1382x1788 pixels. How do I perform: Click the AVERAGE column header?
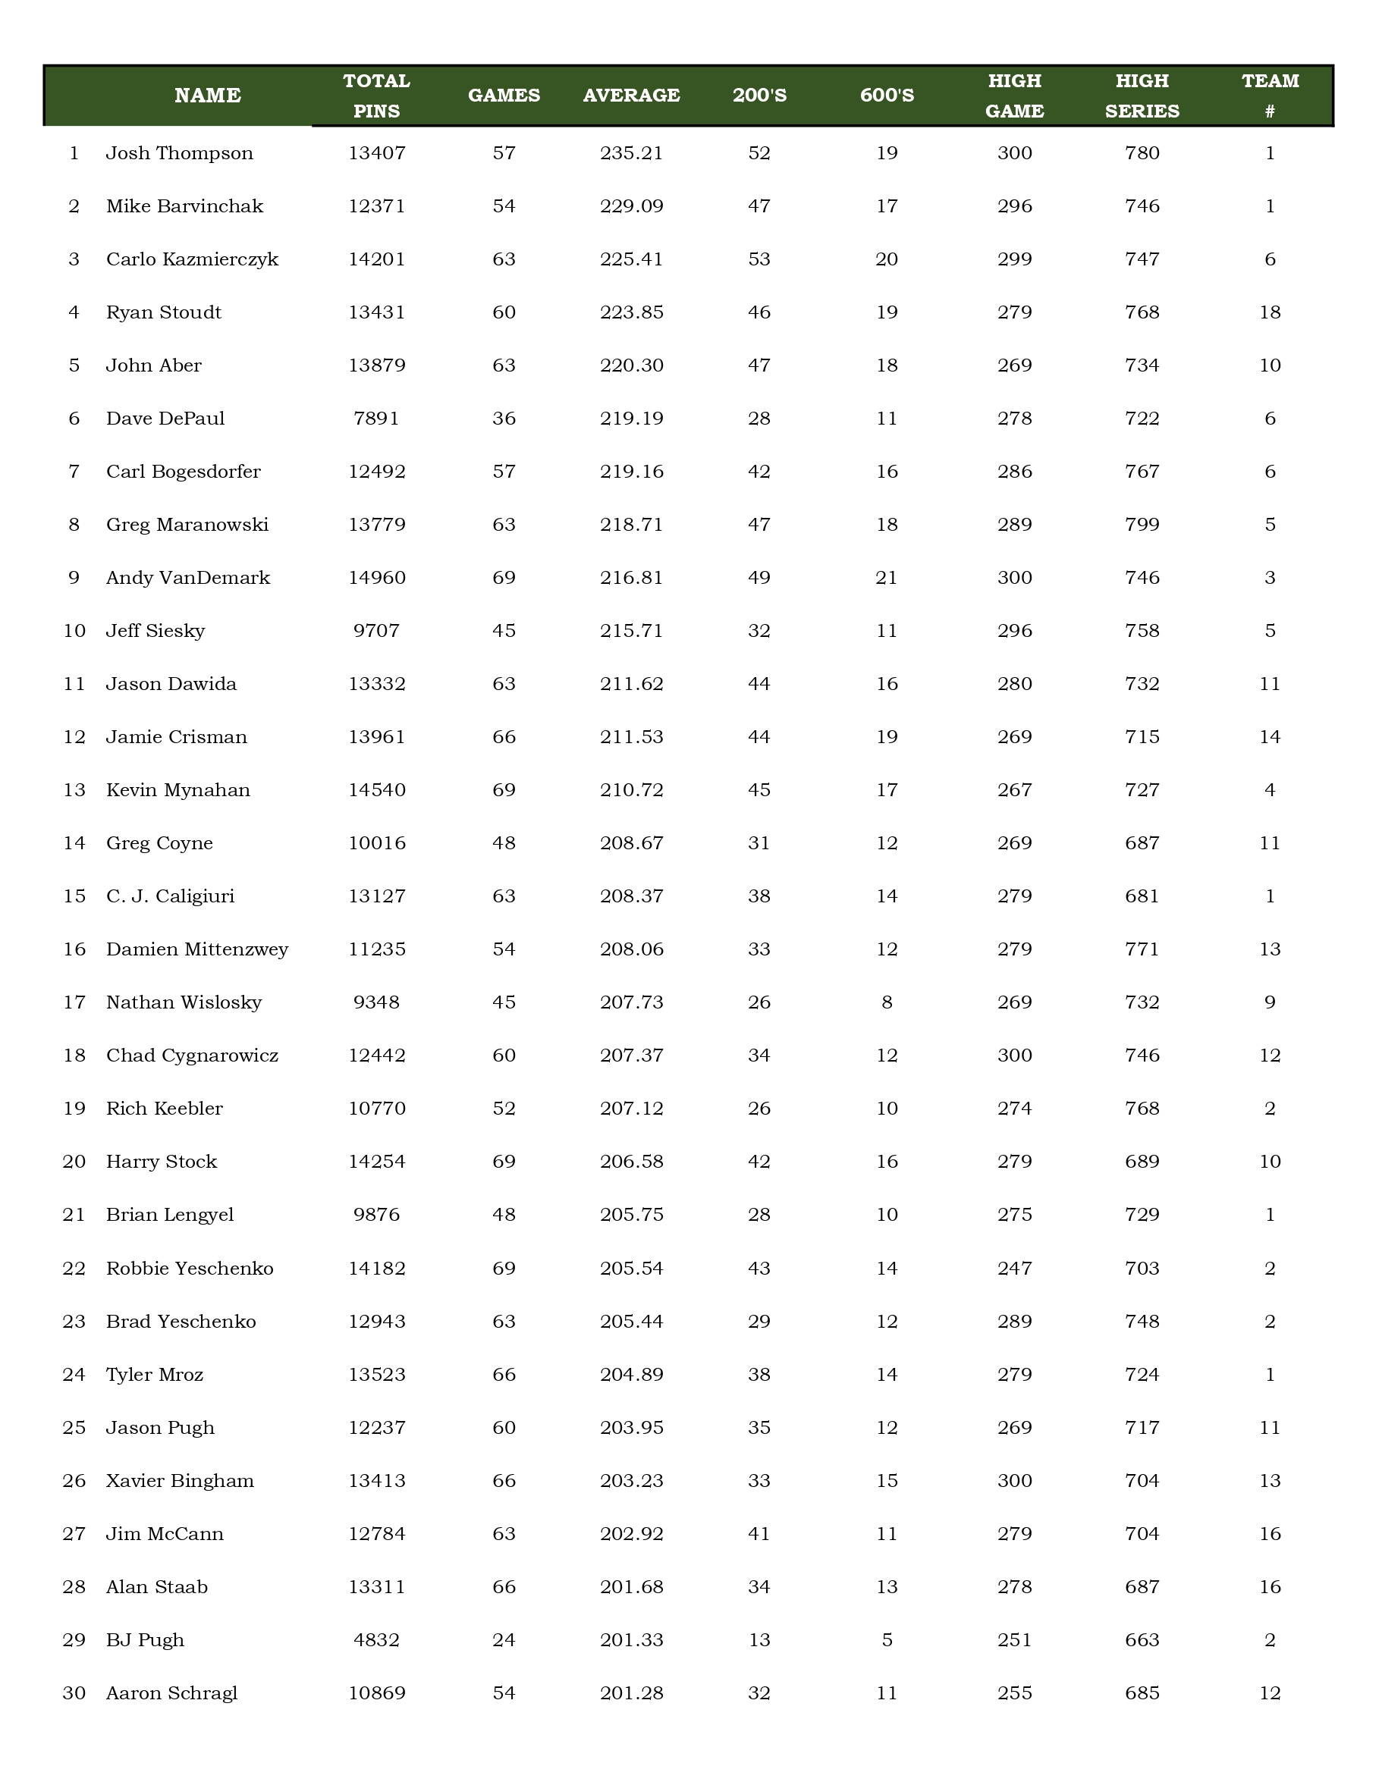tap(631, 96)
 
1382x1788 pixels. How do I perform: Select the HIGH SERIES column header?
tap(1142, 96)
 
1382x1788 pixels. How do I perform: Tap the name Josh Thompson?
tap(179, 153)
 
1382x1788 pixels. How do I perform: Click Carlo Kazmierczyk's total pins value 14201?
tap(377, 259)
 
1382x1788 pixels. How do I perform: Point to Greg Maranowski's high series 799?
tap(1142, 525)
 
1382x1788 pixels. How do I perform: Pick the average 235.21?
tap(631, 153)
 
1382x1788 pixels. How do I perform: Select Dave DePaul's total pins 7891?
tap(377, 419)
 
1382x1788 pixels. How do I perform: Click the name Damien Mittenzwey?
tap(197, 949)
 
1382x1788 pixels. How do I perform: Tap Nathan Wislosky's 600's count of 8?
tap(887, 1002)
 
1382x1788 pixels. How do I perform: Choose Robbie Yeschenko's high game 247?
tap(1014, 1268)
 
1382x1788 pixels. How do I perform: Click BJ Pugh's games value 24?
tap(504, 1640)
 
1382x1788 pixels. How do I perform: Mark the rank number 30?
tap(74, 1693)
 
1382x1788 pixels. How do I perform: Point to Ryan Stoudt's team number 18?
tap(1270, 312)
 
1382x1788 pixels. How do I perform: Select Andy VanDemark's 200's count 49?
tap(759, 578)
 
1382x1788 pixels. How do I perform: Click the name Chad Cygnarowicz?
tap(193, 1056)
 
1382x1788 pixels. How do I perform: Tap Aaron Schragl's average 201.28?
tap(631, 1693)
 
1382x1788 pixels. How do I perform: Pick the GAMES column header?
tap(504, 96)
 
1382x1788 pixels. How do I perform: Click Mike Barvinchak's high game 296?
tap(1014, 206)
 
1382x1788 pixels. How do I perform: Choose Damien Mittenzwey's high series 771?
tap(1142, 949)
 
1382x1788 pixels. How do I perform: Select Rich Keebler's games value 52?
tap(504, 1109)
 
